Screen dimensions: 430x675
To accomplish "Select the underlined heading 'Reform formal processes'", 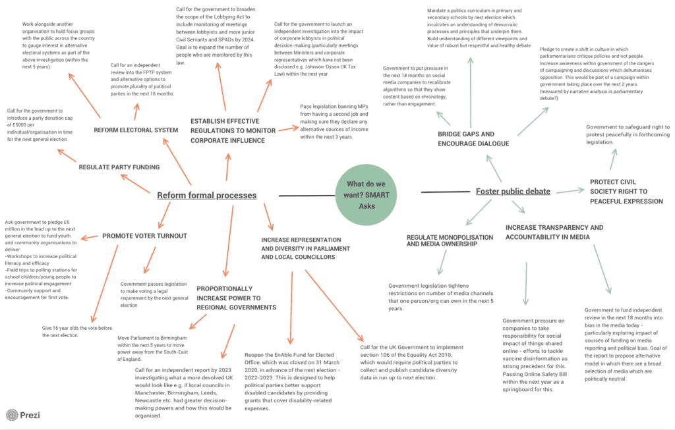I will (x=206, y=195).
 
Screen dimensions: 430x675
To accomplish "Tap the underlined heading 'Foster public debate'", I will (x=513, y=192).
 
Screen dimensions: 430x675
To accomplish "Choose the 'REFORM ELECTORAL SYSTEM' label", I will (x=135, y=130).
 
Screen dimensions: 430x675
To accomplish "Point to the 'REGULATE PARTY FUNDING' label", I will (x=119, y=167).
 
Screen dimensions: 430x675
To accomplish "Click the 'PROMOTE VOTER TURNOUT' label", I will (x=144, y=236).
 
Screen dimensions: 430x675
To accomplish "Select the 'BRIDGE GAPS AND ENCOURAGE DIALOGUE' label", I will (x=473, y=139).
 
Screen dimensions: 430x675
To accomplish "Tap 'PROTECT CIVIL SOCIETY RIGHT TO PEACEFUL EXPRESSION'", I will (x=626, y=192).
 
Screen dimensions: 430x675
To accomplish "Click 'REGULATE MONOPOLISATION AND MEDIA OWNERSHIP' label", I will (x=450, y=240).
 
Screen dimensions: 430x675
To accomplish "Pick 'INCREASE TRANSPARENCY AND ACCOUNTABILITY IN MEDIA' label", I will (x=554, y=232).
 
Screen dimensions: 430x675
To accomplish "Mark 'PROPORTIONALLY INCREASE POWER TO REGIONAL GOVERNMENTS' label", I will (x=236, y=298).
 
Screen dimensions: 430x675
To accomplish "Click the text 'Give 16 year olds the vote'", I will (x=76, y=331).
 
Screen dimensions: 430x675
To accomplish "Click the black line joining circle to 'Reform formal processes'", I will (x=307, y=195).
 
